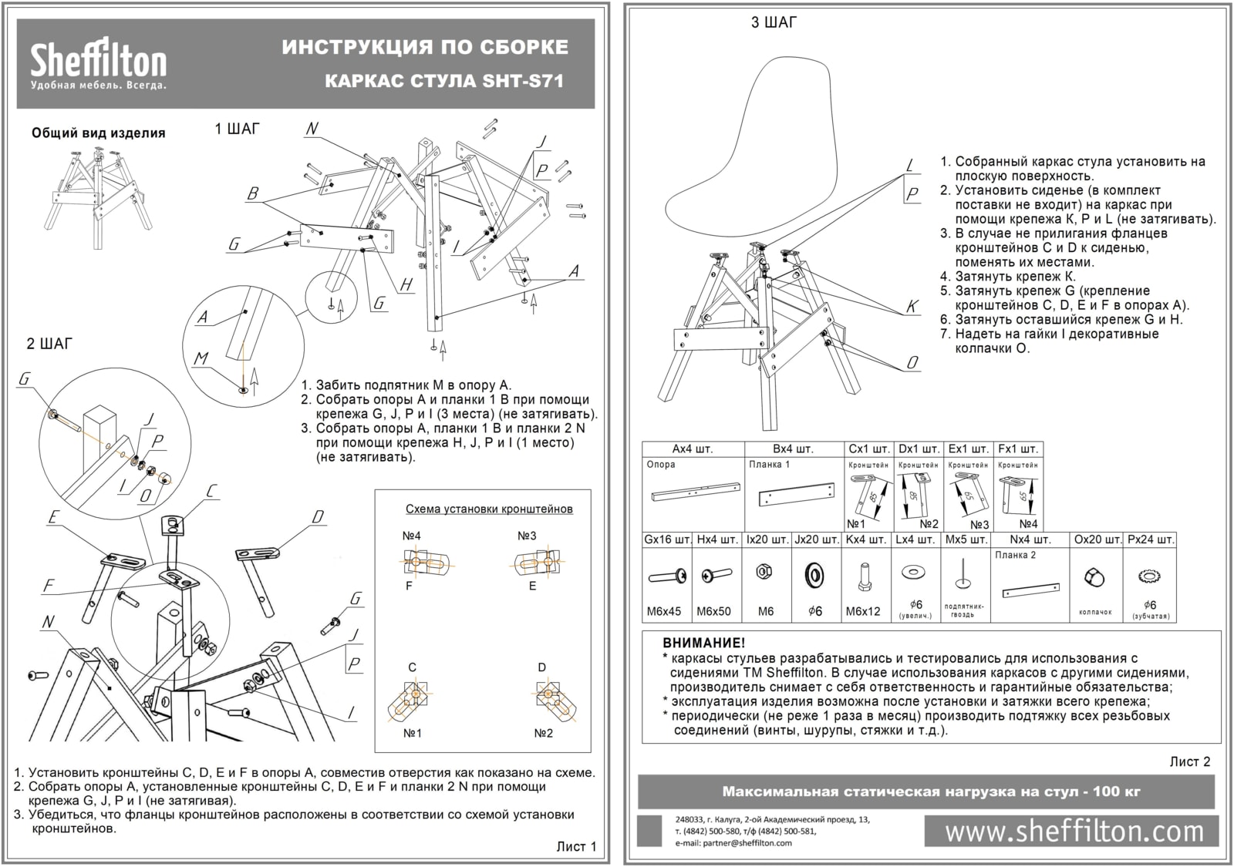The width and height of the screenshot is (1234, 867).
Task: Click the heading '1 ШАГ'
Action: point(237,129)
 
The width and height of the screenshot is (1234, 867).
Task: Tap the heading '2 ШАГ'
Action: point(49,344)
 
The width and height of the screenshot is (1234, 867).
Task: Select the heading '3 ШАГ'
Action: point(774,23)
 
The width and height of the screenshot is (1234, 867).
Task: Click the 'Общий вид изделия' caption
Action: point(98,133)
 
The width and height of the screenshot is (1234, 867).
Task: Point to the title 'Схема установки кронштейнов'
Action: point(489,509)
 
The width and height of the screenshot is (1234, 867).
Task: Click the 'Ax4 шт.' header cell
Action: point(693,449)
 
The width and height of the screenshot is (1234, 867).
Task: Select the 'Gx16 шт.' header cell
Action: point(666,539)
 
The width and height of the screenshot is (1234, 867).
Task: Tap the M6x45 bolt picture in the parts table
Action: point(667,576)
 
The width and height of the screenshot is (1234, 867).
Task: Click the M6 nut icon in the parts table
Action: point(766,573)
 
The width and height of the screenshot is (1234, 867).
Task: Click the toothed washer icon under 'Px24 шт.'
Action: point(1150,576)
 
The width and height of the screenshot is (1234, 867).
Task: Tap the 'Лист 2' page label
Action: point(1189,762)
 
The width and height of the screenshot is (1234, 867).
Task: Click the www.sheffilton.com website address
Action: point(1074,832)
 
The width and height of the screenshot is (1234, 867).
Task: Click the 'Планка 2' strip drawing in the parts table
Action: point(1030,590)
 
